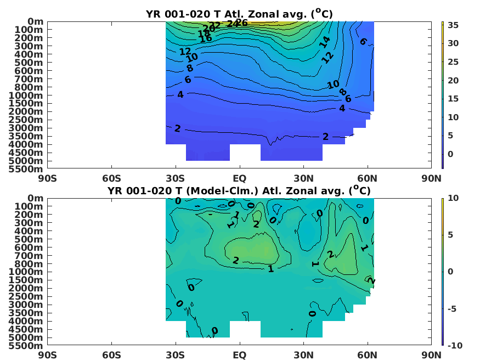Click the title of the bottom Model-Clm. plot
click(x=239, y=190)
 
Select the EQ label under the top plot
click(x=240, y=178)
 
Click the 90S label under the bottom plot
click(x=47, y=355)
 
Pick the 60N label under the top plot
click(x=368, y=178)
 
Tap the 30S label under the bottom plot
click(x=176, y=355)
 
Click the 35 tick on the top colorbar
click(x=453, y=25)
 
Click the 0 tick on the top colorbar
click(x=450, y=154)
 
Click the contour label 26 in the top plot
click(x=241, y=22)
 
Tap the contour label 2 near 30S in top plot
click(x=177, y=128)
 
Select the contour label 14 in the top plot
click(x=325, y=41)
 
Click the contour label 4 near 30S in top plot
click(x=180, y=95)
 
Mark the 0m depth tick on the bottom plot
click(x=34, y=198)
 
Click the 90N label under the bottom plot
click(x=432, y=355)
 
